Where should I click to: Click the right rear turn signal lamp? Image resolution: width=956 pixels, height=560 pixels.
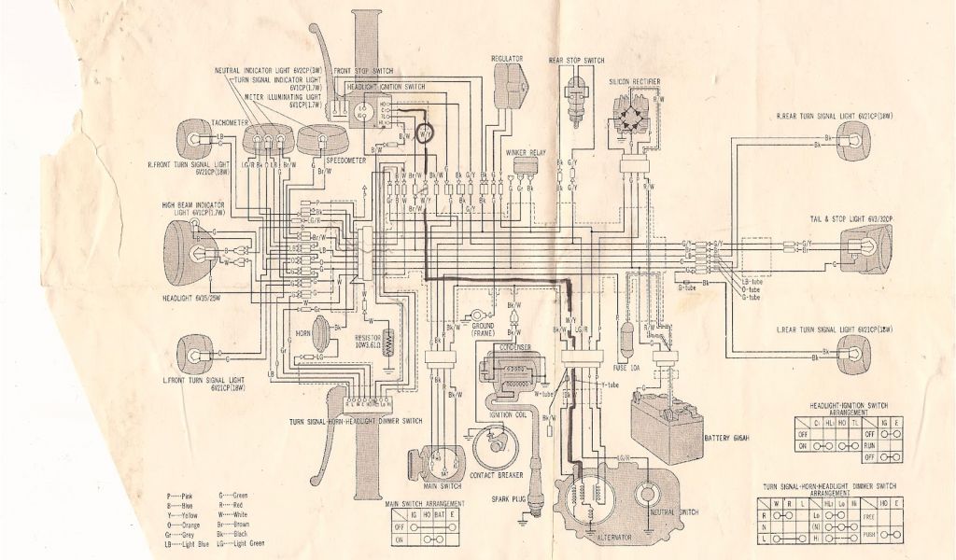pyautogui.click(x=853, y=141)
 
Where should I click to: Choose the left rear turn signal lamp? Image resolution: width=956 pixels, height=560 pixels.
pyautogui.click(x=853, y=351)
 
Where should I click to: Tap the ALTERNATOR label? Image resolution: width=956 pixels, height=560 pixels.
pyautogui.click(x=605, y=540)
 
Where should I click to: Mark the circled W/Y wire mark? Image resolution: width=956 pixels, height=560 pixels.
pyautogui.click(x=425, y=134)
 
